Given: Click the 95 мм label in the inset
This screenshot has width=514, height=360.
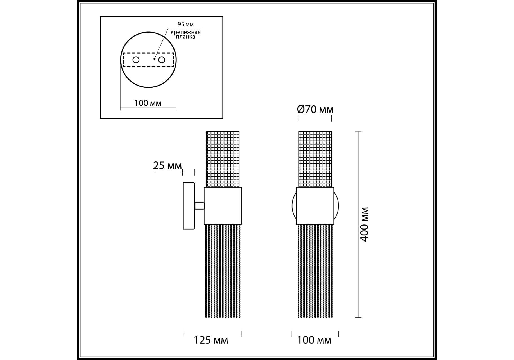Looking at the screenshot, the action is click(185, 24).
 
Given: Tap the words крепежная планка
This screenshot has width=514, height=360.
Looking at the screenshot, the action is click(185, 34).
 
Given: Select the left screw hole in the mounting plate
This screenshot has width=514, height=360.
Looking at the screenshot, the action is click(136, 60).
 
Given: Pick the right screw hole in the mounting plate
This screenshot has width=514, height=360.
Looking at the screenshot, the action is click(162, 60).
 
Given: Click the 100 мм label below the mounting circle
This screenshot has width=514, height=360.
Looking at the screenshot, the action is click(148, 103).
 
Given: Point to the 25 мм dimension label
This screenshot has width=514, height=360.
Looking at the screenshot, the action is click(167, 166).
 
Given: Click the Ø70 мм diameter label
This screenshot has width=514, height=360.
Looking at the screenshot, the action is click(315, 109).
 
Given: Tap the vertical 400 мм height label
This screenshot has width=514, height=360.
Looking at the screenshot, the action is click(364, 224).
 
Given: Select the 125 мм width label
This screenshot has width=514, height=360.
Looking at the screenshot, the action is click(211, 340).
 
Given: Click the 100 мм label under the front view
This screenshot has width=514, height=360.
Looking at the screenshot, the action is click(314, 340).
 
